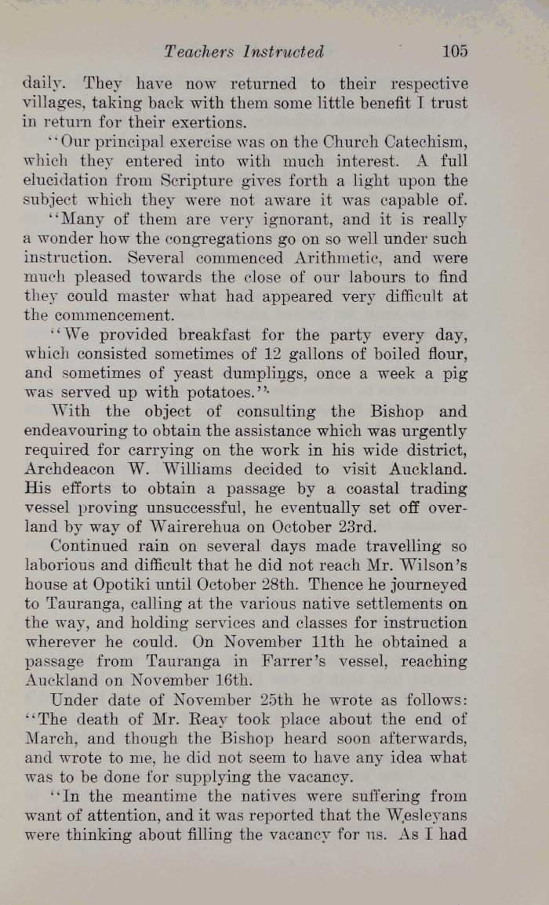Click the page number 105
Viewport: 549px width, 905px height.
point(454,52)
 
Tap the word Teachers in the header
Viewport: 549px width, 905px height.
point(199,52)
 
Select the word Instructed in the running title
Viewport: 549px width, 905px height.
point(284,52)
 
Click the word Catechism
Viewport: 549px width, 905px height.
point(425,143)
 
